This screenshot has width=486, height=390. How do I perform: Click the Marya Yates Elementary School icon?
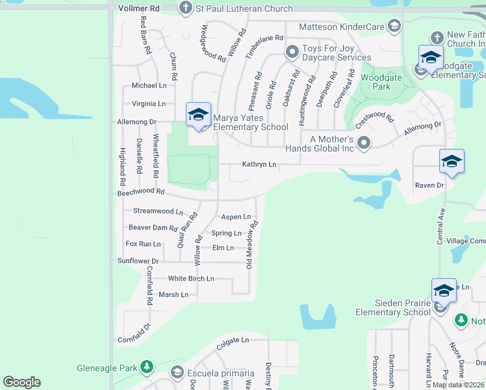[198, 116]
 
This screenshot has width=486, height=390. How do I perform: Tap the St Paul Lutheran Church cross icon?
[185, 8]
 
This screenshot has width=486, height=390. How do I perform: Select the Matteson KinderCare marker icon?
[393, 26]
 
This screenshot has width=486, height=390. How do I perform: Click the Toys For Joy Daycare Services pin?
[292, 51]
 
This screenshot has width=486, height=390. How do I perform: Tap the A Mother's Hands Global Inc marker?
[364, 142]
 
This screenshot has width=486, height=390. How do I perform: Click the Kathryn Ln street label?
[259, 165]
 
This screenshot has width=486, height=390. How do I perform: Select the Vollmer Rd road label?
[140, 8]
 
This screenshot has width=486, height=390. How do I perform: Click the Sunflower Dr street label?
[138, 261]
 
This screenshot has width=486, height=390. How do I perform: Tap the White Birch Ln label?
[191, 279]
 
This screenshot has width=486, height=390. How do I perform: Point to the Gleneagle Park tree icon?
[147, 368]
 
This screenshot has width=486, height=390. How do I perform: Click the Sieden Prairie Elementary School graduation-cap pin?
[444, 291]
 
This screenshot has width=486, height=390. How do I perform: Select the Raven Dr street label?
[429, 186]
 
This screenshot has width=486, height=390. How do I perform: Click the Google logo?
[21, 382]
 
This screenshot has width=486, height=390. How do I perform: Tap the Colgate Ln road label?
[233, 340]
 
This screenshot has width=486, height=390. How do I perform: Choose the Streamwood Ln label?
[158, 211]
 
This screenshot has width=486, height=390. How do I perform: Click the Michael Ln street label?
[149, 86]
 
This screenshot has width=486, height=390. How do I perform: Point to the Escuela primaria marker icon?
[176, 372]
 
